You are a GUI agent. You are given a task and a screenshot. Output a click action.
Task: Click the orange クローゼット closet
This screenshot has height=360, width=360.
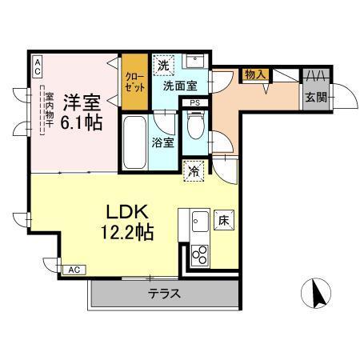133,80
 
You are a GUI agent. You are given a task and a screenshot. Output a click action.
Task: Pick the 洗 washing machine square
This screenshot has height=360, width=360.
163,64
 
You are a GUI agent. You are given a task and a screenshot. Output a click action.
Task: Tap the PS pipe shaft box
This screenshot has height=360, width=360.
194,102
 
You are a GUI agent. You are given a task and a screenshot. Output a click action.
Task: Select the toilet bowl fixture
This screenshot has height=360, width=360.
193,124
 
